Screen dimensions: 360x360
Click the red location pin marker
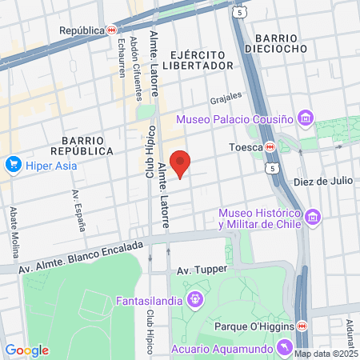(181, 163)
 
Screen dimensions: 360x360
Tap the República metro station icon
(110, 30)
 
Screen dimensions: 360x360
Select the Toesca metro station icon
(271, 147)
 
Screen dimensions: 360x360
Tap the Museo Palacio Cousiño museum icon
(304, 119)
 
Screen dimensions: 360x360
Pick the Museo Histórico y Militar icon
(312, 217)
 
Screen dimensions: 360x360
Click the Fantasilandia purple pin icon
(194, 301)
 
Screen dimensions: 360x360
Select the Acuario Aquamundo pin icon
(284, 346)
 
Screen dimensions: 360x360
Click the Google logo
(26, 350)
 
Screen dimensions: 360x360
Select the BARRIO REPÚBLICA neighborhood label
(81, 144)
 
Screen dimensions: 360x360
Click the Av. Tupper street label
(197, 270)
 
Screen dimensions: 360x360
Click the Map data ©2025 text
(326, 354)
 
